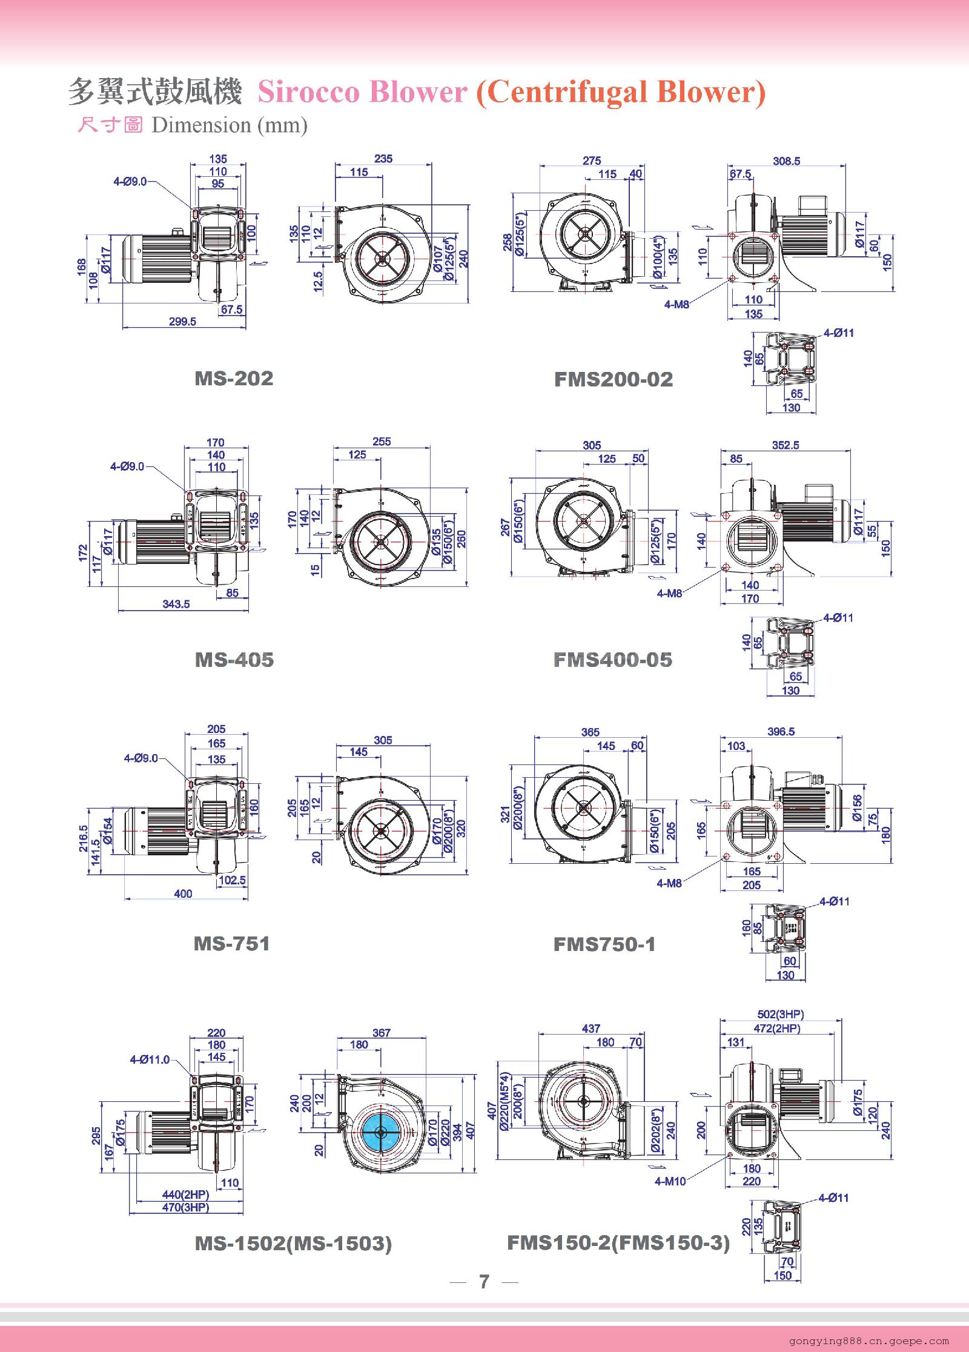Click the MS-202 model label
click(x=234, y=378)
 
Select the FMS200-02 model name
click(x=613, y=379)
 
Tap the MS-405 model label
click(x=234, y=659)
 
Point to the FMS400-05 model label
click(x=612, y=659)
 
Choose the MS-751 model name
click(x=231, y=943)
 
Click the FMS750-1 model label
click(x=604, y=944)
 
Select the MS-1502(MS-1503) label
click(x=293, y=1244)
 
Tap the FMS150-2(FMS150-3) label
click(x=618, y=1243)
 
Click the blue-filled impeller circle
click(x=381, y=1133)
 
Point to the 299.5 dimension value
click(x=182, y=322)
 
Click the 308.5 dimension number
click(x=786, y=161)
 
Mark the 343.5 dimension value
click(x=176, y=604)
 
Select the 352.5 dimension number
click(x=785, y=445)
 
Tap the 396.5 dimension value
click(x=781, y=732)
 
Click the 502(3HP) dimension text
click(x=781, y=1014)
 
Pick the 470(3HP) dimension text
click(x=185, y=1207)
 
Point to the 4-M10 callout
click(x=670, y=1181)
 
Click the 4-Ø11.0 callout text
click(x=150, y=1059)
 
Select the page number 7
click(x=484, y=1282)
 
